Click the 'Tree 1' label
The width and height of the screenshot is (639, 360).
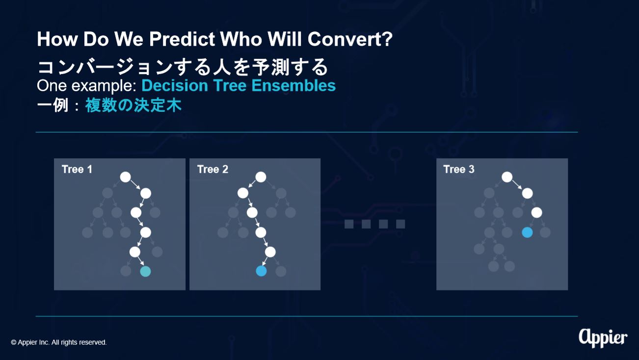[x=77, y=169]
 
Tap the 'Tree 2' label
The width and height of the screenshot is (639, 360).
[x=213, y=169]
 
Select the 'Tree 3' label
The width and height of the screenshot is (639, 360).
[x=459, y=169]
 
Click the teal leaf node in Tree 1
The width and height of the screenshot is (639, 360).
[x=145, y=271]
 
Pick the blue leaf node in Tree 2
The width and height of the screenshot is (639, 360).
[x=261, y=271]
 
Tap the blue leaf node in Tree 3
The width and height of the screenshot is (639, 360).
[x=527, y=232]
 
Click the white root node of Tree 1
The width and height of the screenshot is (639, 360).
[x=125, y=177]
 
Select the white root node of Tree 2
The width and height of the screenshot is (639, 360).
[x=261, y=177]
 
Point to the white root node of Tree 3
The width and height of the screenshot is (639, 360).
[x=507, y=177]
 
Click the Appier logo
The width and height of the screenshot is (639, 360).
[x=603, y=338]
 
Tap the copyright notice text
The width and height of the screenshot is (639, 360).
[x=58, y=342]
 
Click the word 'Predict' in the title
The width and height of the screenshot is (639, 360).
[x=182, y=39]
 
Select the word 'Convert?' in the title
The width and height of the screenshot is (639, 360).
[x=350, y=39]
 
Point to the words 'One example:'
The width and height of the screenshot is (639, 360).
[x=87, y=86]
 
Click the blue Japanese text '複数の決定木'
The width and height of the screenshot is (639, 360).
[x=133, y=105]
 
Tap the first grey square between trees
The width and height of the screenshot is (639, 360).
[x=349, y=224]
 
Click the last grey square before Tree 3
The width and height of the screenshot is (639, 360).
[x=400, y=224]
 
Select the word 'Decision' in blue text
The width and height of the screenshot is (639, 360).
[x=175, y=85]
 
